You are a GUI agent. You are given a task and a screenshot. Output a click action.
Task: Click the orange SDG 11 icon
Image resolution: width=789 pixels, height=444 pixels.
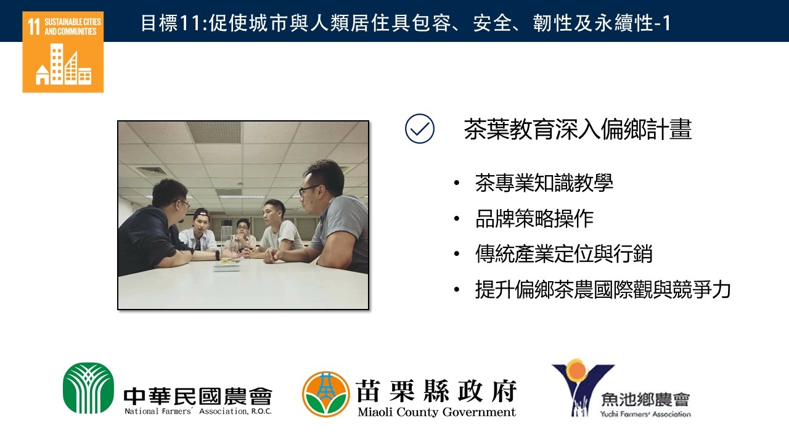coord(63,52)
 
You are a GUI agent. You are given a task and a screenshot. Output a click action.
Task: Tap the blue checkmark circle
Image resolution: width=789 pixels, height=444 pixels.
coord(420,129)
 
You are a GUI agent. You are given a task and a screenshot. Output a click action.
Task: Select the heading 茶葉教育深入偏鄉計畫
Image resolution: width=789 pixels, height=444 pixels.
coord(578,129)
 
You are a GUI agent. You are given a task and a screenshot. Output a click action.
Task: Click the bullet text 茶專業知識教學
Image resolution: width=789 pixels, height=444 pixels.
coord(544,183)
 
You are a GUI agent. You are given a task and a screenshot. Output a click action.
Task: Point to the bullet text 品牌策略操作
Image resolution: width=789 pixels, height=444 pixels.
coord(534,218)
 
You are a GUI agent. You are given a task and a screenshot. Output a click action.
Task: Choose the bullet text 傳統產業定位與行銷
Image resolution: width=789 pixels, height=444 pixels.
coord(563,253)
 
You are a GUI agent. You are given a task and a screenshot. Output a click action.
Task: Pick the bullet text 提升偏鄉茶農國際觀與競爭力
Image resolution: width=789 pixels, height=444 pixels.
coord(603,290)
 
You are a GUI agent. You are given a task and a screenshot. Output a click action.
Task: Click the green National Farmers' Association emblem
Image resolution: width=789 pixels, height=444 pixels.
coord(88,388)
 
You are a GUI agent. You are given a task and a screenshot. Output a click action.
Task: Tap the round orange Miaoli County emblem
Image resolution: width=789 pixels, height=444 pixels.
coord(326,394)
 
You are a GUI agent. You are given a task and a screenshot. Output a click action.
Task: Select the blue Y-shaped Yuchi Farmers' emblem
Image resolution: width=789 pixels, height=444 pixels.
coord(583,388)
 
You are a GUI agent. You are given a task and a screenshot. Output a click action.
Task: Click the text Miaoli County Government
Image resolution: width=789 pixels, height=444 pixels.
coord(437,412)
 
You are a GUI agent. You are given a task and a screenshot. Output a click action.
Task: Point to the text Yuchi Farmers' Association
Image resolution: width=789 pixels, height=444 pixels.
coord(645,414)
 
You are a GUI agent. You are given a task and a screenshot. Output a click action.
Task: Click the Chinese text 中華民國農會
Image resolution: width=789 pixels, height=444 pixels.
coord(198,397)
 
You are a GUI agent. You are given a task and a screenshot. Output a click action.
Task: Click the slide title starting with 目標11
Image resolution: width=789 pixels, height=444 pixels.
coord(406,23)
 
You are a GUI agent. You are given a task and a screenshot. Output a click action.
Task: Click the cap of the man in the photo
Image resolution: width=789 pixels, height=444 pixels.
coord(202,213)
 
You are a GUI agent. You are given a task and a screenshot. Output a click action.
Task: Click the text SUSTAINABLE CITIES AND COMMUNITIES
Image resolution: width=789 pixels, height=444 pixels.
coord(73,27)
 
